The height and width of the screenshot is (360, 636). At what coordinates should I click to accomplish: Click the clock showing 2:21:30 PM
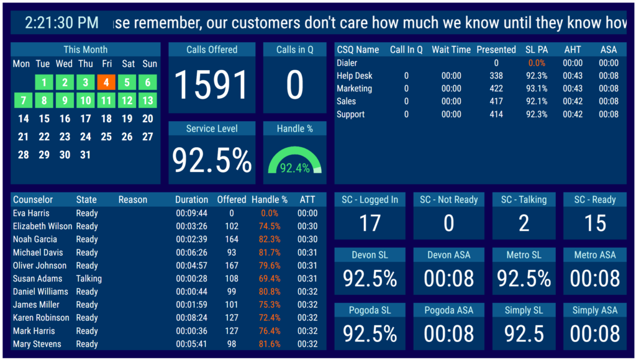(61, 23)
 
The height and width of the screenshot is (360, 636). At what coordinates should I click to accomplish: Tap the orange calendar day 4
(106, 83)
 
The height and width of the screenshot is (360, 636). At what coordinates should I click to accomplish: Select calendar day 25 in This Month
(106, 137)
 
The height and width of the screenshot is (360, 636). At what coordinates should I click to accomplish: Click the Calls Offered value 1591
(212, 85)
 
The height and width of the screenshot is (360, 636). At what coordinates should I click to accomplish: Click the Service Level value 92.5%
(212, 160)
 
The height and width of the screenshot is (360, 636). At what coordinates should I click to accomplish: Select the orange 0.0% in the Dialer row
(537, 63)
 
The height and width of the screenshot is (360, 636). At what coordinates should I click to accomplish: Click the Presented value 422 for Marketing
(496, 89)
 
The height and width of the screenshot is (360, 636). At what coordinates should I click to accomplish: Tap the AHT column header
(572, 50)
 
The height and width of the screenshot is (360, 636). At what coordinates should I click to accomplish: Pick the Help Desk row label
(355, 76)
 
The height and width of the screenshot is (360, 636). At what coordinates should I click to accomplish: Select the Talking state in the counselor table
(89, 279)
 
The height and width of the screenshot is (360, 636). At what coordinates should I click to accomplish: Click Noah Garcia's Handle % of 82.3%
(269, 240)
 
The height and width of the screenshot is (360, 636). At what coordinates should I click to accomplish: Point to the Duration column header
(191, 200)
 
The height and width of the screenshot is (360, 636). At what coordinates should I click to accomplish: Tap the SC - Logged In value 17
(370, 223)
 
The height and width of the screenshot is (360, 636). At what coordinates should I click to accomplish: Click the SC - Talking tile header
(524, 200)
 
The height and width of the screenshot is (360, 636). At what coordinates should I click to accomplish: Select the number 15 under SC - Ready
(595, 223)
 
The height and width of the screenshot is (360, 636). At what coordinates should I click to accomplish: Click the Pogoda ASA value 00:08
(449, 334)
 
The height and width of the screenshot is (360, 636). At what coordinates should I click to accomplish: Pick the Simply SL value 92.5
(524, 334)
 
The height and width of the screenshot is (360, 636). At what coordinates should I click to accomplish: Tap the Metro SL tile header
(524, 255)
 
